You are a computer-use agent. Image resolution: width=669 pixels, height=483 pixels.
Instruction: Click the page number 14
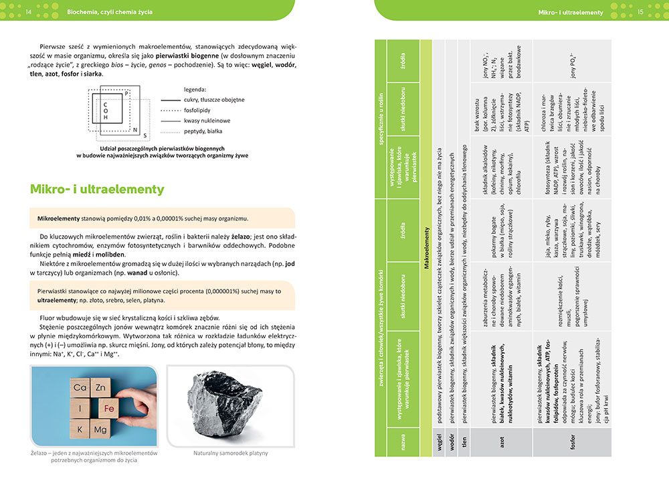pos(27,12)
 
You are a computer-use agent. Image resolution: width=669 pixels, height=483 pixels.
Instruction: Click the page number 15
pos(640,12)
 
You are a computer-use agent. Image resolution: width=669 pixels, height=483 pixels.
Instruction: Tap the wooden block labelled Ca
pos(80,387)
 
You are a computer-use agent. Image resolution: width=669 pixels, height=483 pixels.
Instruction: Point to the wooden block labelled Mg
pos(100,429)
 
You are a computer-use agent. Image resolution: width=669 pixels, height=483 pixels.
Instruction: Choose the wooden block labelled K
pos(80,429)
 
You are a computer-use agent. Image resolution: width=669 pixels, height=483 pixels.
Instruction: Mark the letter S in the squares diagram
pos(145,135)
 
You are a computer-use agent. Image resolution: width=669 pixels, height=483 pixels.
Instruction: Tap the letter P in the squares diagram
pos(127,94)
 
